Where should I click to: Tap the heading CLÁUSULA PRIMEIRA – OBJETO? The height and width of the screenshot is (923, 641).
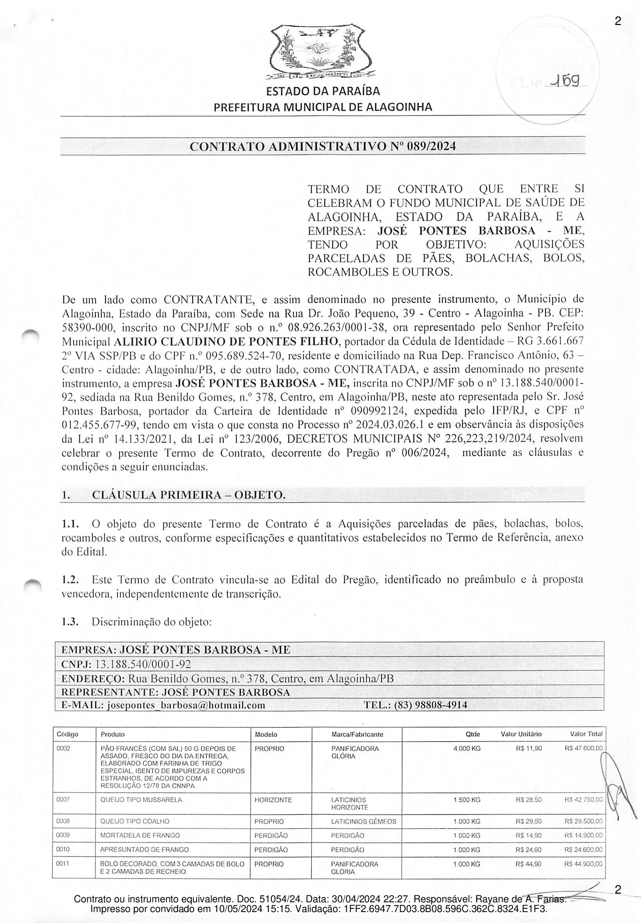tap(189, 495)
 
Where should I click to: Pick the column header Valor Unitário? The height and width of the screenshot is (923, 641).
tap(521, 734)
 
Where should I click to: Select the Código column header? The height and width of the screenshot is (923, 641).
tap(68, 734)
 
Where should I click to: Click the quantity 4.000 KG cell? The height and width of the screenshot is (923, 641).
tap(467, 748)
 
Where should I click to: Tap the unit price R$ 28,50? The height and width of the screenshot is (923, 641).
tap(528, 800)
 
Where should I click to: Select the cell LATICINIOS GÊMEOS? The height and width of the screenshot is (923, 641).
tap(363, 821)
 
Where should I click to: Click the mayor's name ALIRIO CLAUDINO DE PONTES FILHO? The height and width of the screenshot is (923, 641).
tap(226, 342)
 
